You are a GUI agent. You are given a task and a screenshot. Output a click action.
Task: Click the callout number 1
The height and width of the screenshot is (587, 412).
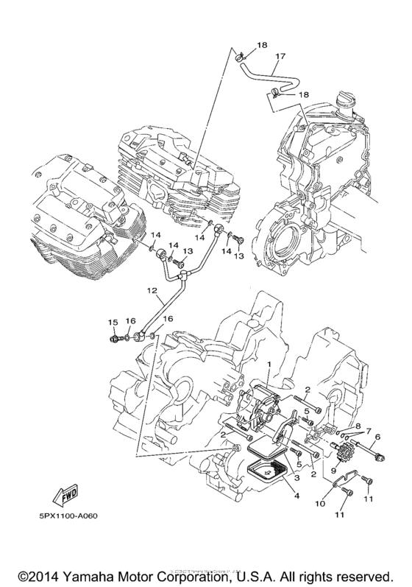pyautogui.click(x=269, y=365)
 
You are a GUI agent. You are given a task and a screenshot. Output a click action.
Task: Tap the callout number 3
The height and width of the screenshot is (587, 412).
pyautogui.click(x=296, y=479)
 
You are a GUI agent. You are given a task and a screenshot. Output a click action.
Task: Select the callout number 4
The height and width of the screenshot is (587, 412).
pyautogui.click(x=297, y=495)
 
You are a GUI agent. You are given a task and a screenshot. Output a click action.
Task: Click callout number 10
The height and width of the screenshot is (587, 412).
pyautogui.click(x=319, y=504)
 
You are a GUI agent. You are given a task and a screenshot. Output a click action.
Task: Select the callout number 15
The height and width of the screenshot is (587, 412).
pyautogui.click(x=113, y=323)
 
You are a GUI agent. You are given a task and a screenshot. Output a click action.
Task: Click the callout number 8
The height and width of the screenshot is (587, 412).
pyautogui.click(x=358, y=426)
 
